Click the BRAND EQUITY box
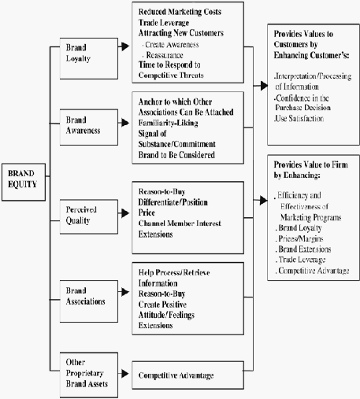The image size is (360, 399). [x=24, y=183]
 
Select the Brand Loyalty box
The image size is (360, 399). [x=89, y=58]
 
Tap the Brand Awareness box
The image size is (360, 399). [x=89, y=127]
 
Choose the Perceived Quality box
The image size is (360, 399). [x=89, y=216]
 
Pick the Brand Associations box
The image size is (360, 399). [x=89, y=301]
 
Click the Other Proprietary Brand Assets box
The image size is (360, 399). [x=89, y=375]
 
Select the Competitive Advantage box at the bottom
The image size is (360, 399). [x=187, y=375]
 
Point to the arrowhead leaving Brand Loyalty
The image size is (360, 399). [x=125, y=46]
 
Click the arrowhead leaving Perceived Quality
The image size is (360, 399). [x=125, y=213]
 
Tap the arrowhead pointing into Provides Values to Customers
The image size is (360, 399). [x=264, y=86]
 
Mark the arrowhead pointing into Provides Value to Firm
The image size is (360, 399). [x=264, y=201]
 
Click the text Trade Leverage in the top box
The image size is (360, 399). [x=164, y=23]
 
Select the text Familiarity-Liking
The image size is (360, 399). [x=169, y=123]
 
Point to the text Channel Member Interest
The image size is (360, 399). [x=180, y=224]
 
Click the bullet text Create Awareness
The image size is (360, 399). [x=172, y=45]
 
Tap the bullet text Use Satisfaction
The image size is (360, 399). [x=299, y=119]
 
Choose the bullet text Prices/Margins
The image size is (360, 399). [x=300, y=238]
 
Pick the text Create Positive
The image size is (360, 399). [x=162, y=305]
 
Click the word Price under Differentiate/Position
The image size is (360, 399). [x=147, y=212]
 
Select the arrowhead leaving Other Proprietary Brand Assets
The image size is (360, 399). [x=125, y=373]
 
